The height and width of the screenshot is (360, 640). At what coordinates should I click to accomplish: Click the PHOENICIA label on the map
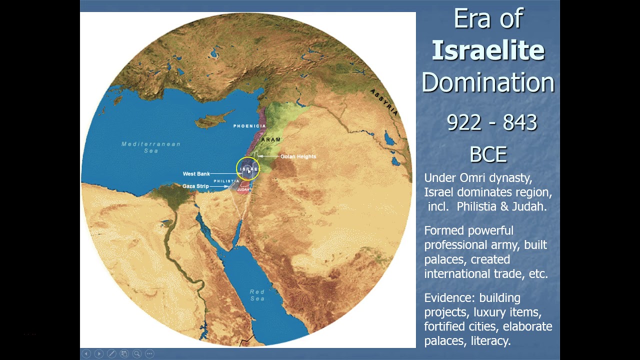coord(249,126)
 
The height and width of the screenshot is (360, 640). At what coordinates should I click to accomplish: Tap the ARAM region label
coord(271,139)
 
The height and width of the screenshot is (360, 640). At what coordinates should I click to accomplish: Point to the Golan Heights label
coord(298,156)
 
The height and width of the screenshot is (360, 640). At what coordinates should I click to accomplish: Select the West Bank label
coord(196,174)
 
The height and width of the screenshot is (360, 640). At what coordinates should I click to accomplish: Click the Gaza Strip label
coord(195,186)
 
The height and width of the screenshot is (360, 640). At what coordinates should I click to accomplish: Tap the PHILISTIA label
coord(226,181)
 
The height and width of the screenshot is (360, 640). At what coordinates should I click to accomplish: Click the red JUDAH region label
coord(243,189)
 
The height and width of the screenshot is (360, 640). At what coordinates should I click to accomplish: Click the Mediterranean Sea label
coord(151,147)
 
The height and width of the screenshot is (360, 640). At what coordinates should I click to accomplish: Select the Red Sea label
coord(257,295)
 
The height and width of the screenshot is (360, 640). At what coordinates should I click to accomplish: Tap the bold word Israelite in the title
coord(488,50)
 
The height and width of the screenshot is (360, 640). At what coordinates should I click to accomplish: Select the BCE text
coord(488,154)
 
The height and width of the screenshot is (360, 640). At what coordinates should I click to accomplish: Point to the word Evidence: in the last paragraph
coord(447,298)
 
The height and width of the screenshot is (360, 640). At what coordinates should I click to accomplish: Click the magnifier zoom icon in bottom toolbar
coord(136,353)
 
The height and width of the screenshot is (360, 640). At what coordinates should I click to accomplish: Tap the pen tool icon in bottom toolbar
coord(111,353)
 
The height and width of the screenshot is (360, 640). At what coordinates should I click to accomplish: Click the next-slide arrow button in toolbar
coord(99,353)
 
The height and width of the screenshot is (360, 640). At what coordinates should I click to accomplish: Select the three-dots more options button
coord(149,353)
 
